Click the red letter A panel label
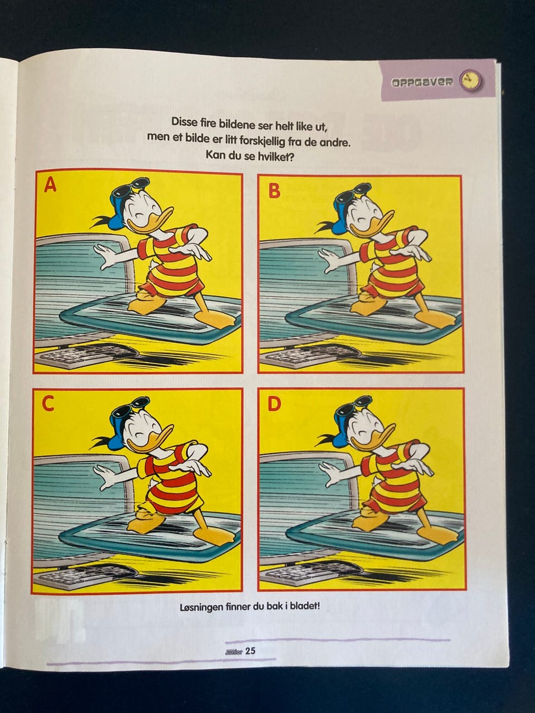coord(50,185)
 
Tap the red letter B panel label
coord(274,191)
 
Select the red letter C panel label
coord(48,403)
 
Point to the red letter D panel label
coord(275,404)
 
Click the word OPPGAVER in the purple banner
coord(422,82)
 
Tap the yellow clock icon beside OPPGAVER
coord(470,81)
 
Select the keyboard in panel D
coord(312,577)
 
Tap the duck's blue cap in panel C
coord(118,432)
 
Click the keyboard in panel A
coord(86,356)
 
